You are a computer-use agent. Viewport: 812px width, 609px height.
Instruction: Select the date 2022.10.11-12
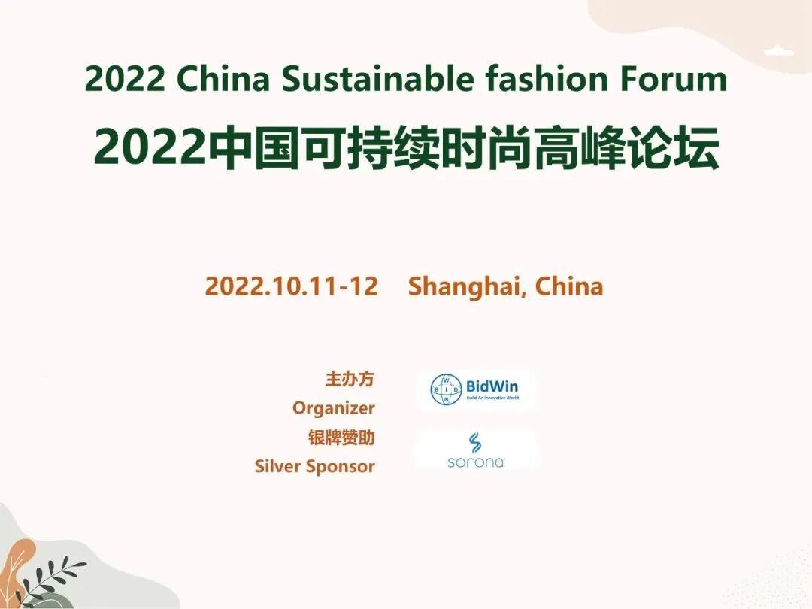(291, 286)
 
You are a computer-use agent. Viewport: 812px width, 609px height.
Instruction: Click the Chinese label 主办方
(350, 379)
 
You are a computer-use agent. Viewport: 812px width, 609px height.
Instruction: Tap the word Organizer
(334, 408)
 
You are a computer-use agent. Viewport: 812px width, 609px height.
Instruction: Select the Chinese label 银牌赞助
(341, 438)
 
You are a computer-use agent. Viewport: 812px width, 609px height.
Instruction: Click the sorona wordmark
(475, 462)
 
